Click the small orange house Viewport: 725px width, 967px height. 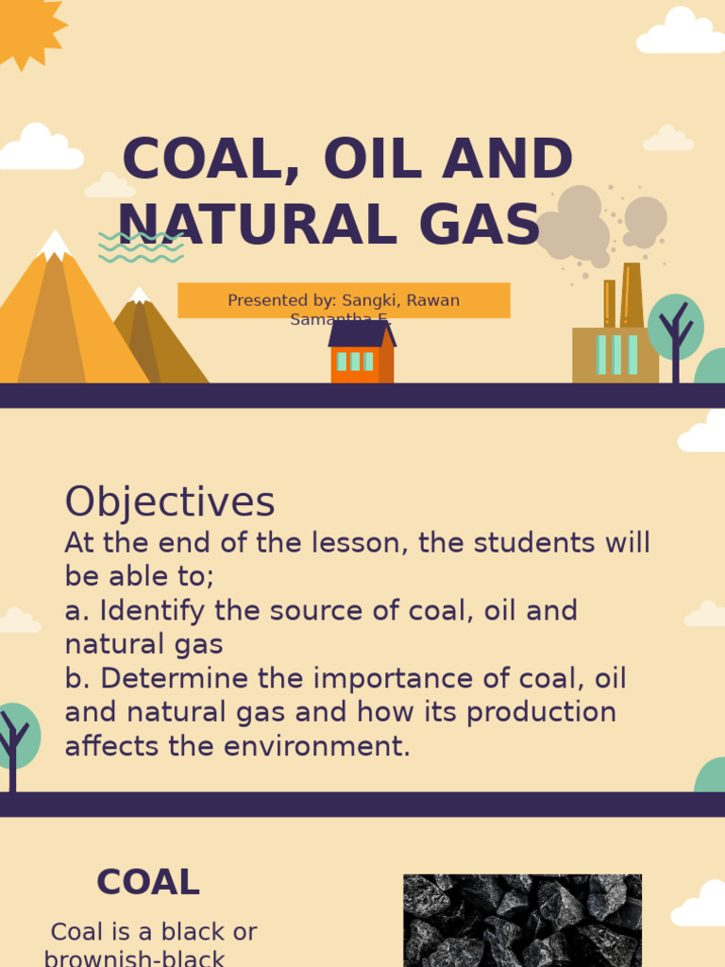(x=361, y=353)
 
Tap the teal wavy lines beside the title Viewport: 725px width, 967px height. (x=141, y=246)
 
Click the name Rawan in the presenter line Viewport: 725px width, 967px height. (x=433, y=300)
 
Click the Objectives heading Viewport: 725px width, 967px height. (x=170, y=502)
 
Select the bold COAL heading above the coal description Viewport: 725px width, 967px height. (x=148, y=883)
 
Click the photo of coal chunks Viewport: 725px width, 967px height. (x=522, y=921)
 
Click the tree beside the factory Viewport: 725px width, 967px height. (x=676, y=331)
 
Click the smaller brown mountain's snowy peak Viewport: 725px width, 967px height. (x=140, y=296)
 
